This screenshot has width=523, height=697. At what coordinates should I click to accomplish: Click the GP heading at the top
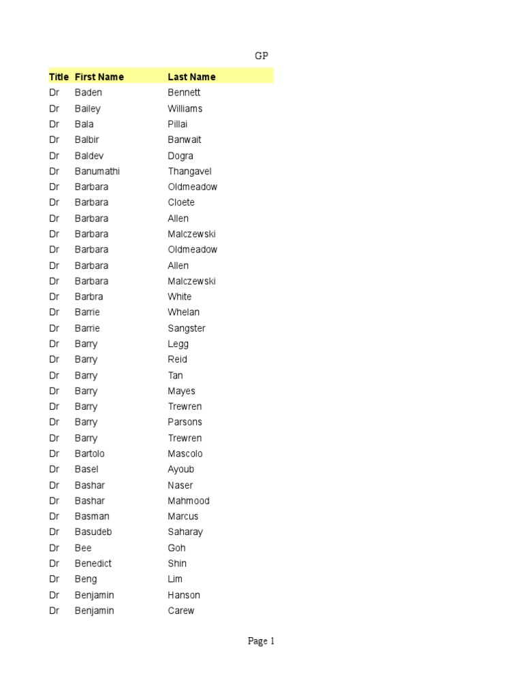(261, 56)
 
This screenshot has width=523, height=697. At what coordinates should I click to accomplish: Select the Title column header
(59, 77)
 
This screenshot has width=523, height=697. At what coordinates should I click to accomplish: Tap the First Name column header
(99, 77)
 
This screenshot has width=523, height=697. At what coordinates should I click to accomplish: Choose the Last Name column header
(191, 77)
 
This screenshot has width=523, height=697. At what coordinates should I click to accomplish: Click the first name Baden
(88, 93)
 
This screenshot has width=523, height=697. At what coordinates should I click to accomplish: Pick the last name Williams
(185, 108)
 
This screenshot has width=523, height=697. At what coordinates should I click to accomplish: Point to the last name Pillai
(177, 124)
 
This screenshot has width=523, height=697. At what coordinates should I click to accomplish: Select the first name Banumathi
(97, 172)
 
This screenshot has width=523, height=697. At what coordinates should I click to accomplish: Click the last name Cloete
(180, 202)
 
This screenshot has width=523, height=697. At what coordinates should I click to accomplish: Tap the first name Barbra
(89, 297)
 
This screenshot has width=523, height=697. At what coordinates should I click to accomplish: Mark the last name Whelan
(183, 312)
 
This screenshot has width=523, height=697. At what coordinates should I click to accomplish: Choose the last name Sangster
(186, 328)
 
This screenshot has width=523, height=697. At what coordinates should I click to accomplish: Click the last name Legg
(178, 344)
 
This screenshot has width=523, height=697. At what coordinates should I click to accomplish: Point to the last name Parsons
(185, 422)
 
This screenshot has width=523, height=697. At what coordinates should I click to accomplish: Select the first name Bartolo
(89, 453)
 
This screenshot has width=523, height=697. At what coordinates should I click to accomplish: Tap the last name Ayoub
(180, 469)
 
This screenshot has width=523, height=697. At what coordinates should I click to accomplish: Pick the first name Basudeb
(93, 532)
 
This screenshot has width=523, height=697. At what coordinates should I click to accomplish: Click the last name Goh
(176, 548)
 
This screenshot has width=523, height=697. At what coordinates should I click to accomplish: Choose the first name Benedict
(93, 564)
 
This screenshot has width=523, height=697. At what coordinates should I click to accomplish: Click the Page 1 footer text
(261, 641)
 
